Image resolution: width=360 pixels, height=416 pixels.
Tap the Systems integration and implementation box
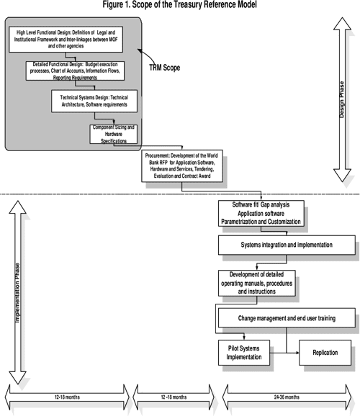pyautogui.click(x=286, y=245)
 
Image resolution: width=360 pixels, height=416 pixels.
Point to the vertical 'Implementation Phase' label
pyautogui.click(x=17, y=296)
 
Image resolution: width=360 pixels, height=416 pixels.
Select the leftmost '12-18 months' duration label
pyautogui.click(x=67, y=397)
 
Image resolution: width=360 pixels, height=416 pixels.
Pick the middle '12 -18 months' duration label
pyautogui.click(x=176, y=397)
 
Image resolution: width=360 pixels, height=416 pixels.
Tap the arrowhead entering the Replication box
pyautogui.click(x=297, y=353)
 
